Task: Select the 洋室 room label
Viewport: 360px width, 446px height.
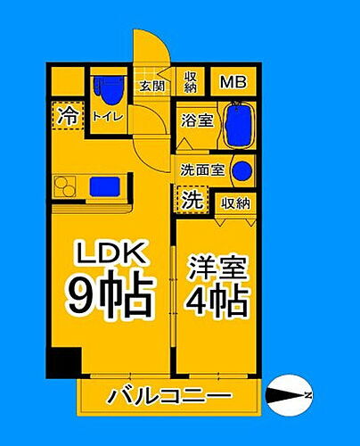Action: pyautogui.click(x=217, y=268)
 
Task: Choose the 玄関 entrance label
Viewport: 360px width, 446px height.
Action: pyautogui.click(x=152, y=87)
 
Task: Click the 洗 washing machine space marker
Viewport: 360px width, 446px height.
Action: pyautogui.click(x=191, y=201)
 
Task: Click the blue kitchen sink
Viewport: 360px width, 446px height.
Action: pyautogui.click(x=101, y=186)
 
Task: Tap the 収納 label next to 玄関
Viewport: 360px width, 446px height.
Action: pyautogui.click(x=191, y=82)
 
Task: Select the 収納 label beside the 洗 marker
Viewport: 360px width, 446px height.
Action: pyautogui.click(x=235, y=203)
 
